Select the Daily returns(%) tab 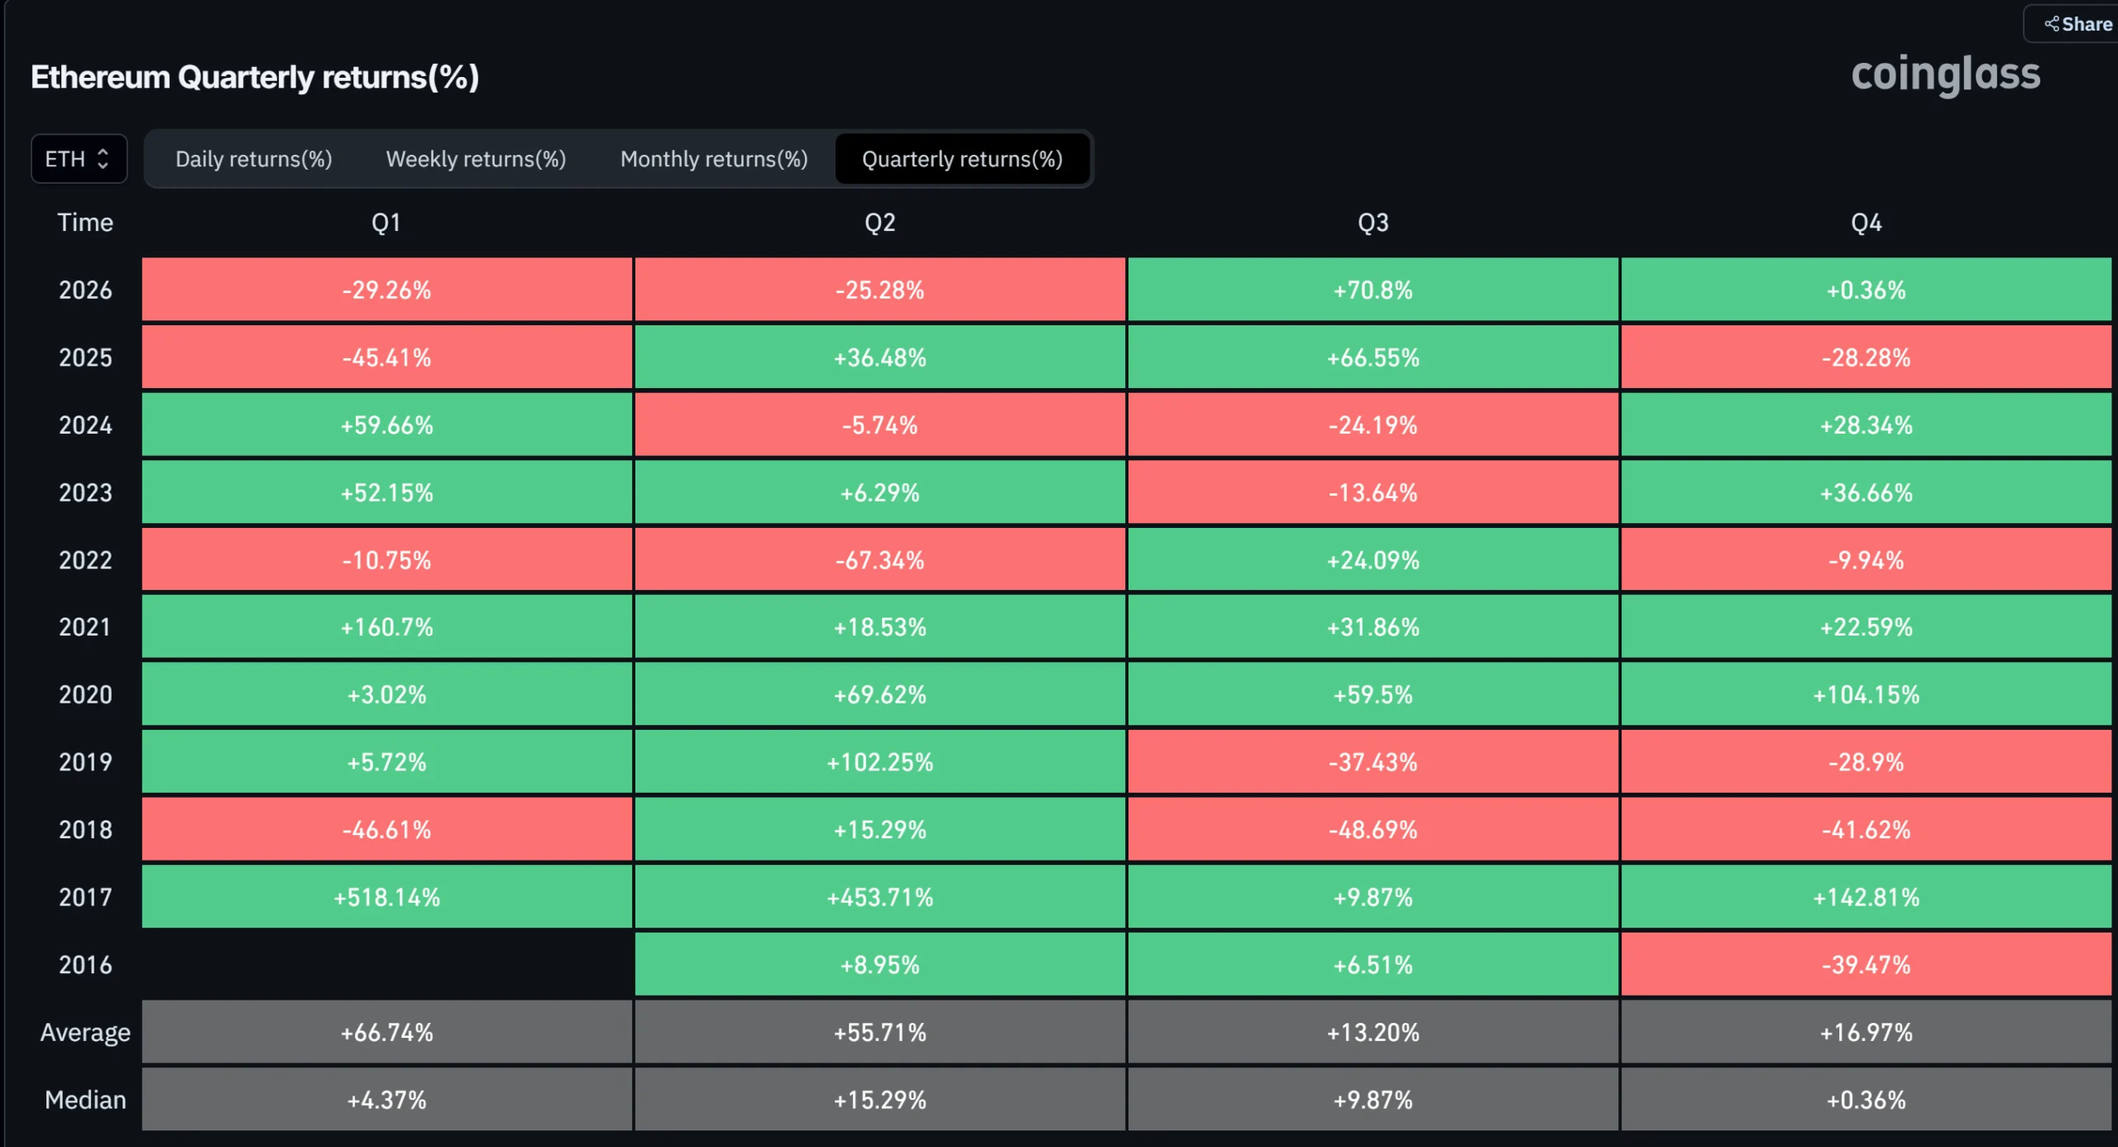[254, 159]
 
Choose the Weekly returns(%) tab [476, 159]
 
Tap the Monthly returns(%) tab [714, 159]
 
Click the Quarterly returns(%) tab [962, 159]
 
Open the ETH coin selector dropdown [79, 159]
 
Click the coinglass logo [1945, 75]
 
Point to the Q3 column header [1373, 223]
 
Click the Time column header [85, 223]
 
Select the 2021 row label [85, 627]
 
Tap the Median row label [85, 1100]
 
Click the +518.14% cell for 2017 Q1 [387, 897]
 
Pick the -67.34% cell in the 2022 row [880, 560]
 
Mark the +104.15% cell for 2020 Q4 [1866, 694]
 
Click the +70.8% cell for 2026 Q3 [1373, 290]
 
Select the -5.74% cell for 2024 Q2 [880, 425]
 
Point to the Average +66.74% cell [387, 1032]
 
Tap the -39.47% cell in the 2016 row [1866, 965]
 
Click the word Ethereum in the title [100, 77]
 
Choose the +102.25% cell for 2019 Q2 [880, 762]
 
